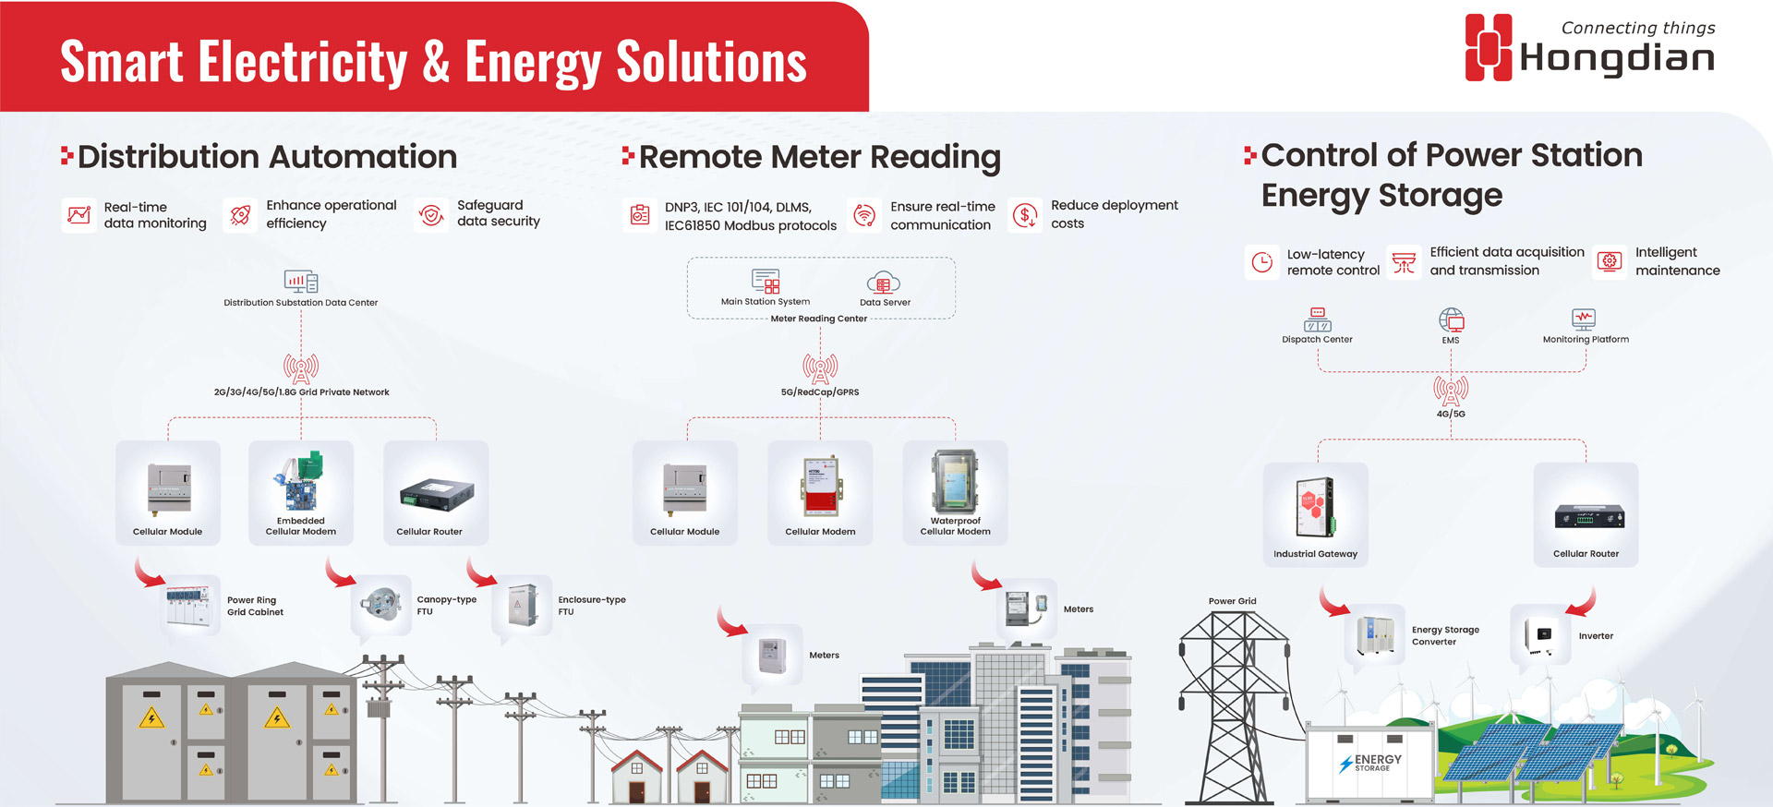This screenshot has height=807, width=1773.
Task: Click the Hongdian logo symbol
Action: (1489, 47)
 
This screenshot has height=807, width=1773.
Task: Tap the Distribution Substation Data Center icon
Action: (301, 281)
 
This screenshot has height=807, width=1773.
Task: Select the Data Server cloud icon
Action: (884, 283)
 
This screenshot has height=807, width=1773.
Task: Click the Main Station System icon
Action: (766, 281)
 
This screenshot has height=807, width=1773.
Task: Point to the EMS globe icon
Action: (1451, 320)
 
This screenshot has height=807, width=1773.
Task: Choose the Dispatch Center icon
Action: (1317, 319)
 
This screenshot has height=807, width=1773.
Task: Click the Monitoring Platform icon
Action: (1584, 319)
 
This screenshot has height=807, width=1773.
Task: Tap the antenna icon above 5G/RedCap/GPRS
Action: (820, 368)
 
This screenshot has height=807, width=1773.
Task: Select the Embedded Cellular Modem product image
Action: (301, 482)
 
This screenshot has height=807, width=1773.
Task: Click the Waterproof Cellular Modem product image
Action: (955, 482)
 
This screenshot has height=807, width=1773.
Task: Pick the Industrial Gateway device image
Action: (1315, 507)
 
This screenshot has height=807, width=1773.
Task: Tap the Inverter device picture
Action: (1542, 635)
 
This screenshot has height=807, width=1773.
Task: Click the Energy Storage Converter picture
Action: (1375, 635)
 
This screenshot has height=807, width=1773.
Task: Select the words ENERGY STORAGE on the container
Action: (1377, 762)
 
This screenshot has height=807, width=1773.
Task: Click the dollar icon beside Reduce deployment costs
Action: (1025, 215)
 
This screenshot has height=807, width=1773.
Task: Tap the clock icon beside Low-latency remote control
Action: (1261, 262)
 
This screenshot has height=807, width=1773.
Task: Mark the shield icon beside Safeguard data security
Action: (431, 215)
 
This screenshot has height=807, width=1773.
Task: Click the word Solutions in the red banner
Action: (711, 62)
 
